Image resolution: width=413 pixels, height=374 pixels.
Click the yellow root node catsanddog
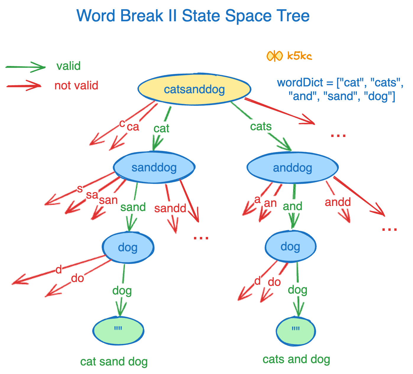click(195, 89)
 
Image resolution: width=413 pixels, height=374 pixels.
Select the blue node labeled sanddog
click(154, 167)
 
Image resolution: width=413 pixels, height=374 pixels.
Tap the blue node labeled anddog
click(292, 168)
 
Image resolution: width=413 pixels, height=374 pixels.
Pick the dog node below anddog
click(290, 246)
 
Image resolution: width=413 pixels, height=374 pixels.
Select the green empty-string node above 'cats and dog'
click(296, 331)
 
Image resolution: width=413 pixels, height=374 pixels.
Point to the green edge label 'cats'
click(261, 126)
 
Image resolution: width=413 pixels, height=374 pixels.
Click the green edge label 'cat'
click(161, 128)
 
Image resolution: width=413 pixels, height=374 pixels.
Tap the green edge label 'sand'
click(133, 207)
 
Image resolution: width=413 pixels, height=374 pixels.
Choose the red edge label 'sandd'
click(170, 208)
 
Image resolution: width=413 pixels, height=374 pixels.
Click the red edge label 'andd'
click(338, 202)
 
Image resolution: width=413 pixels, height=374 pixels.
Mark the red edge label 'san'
click(108, 200)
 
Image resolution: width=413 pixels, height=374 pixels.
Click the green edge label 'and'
click(292, 206)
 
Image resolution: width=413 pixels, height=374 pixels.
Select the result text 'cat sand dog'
click(114, 362)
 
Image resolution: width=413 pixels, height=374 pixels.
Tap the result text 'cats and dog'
click(296, 359)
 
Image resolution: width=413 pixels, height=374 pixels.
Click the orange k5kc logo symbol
click(274, 56)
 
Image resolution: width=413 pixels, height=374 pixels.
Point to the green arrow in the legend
click(26, 67)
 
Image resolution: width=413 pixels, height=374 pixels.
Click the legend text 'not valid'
click(76, 86)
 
